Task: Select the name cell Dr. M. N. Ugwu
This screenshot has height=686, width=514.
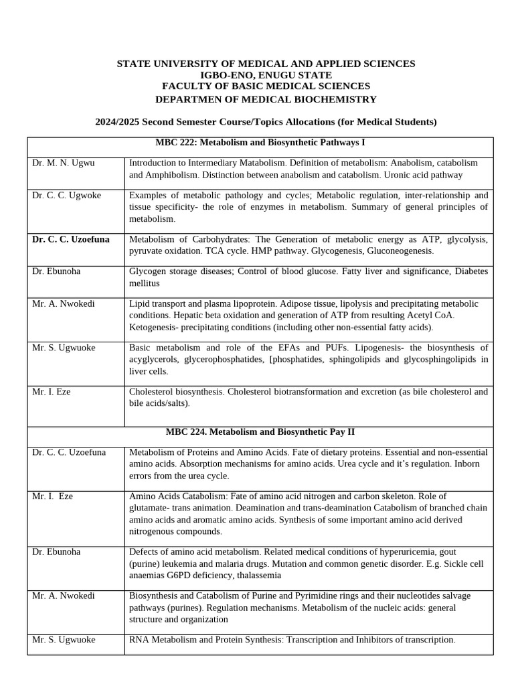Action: pyautogui.click(x=64, y=163)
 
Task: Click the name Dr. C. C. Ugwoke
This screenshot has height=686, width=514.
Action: pyautogui.click(x=67, y=195)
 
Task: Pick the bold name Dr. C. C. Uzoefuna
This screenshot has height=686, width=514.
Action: pyautogui.click(x=71, y=239)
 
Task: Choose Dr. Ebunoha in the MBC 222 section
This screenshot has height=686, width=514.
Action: pyautogui.click(x=56, y=271)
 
